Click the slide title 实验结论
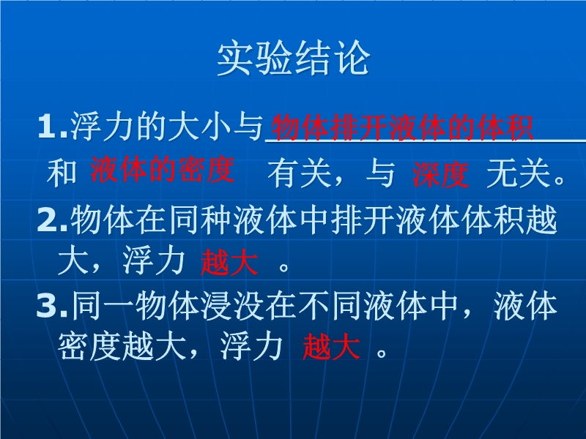294,59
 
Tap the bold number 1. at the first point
53,127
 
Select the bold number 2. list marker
53,220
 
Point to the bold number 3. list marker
53,306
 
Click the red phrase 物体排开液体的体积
402,127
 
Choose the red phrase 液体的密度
163,170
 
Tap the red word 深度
441,174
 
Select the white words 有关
300,173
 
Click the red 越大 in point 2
229,263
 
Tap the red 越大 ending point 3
331,347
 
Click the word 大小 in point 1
200,127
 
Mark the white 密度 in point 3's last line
89,347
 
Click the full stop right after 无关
560,180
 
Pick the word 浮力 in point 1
102,127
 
